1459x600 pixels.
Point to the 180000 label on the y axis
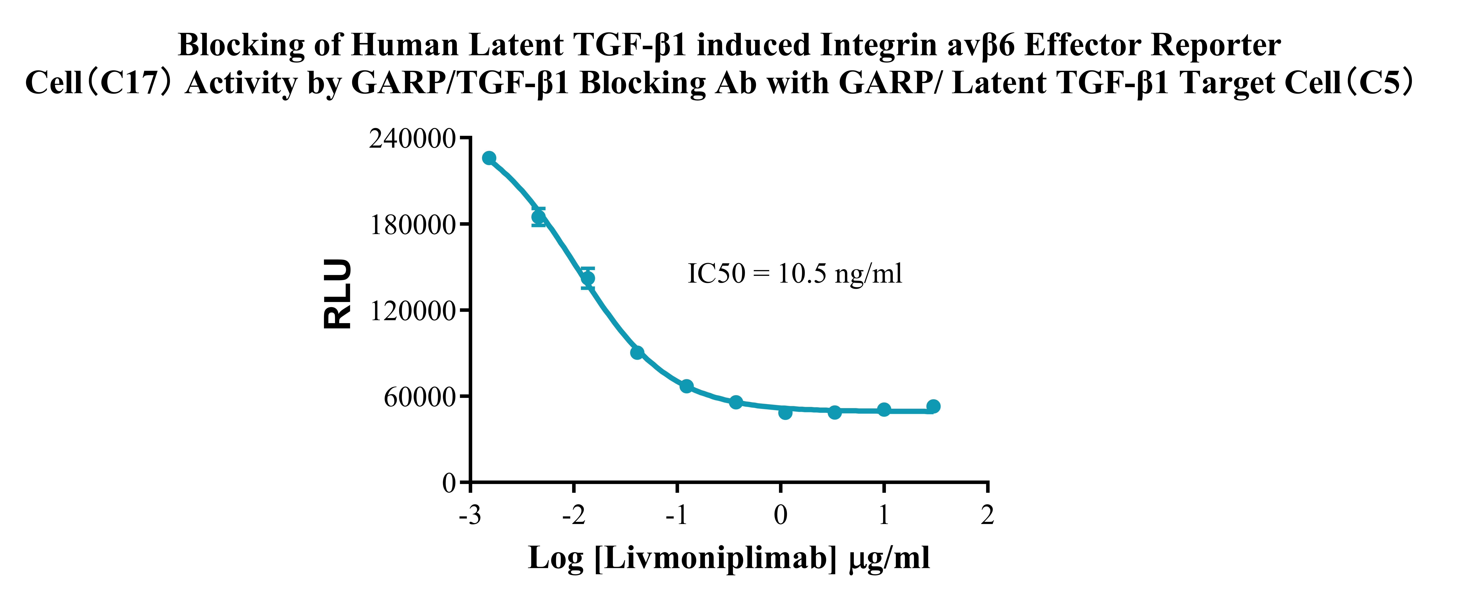(x=412, y=225)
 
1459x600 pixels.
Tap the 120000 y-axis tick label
(x=412, y=311)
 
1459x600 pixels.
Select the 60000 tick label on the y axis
(x=419, y=397)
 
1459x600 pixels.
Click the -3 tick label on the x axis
(x=470, y=515)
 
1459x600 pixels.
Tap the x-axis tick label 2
(x=987, y=515)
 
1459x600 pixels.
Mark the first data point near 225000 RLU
(x=489, y=158)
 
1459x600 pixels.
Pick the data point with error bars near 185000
(x=539, y=217)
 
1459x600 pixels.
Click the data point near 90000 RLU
(x=637, y=353)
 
